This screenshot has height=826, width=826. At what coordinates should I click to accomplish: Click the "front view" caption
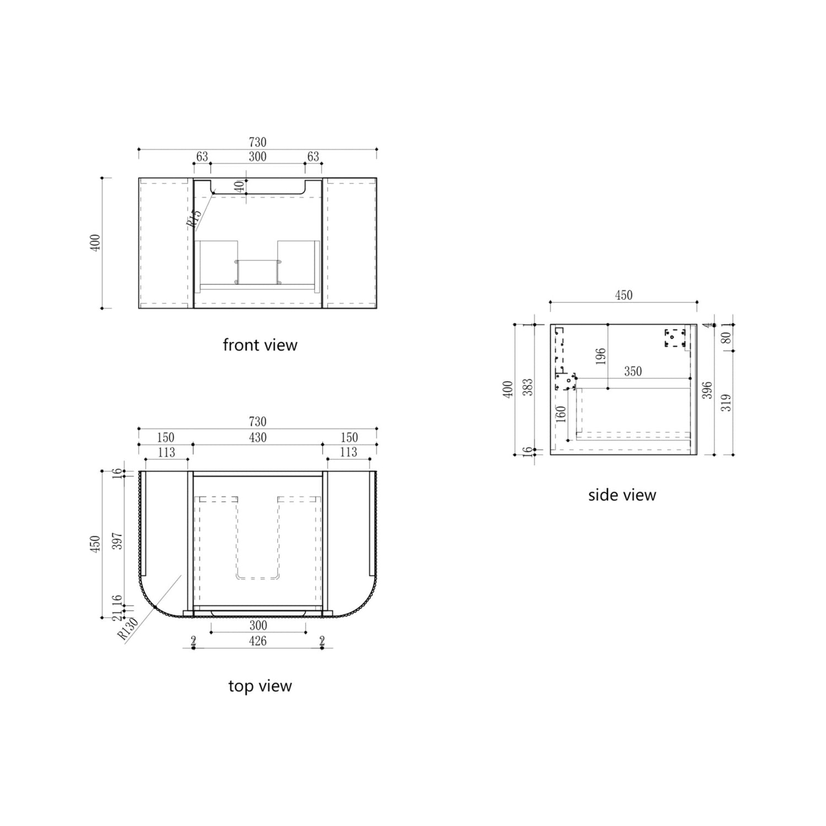[260, 345]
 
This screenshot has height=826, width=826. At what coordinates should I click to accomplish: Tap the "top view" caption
[260, 686]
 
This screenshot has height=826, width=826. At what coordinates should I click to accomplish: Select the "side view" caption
[622, 495]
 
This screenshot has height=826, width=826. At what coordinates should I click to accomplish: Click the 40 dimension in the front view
[239, 186]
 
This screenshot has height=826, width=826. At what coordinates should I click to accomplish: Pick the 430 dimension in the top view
[258, 437]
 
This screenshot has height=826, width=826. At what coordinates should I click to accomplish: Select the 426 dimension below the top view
[258, 641]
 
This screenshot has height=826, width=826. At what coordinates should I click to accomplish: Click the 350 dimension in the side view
[633, 372]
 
